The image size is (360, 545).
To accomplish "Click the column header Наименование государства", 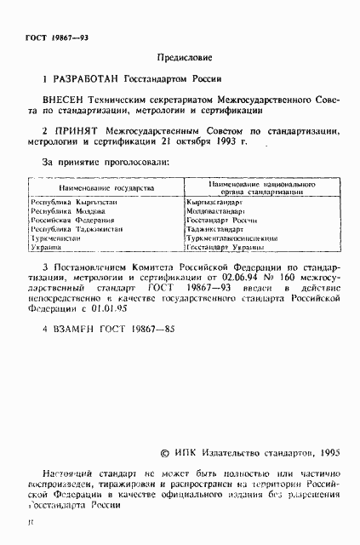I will pos(106,186).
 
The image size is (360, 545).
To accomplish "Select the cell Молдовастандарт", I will pos(220,210).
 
